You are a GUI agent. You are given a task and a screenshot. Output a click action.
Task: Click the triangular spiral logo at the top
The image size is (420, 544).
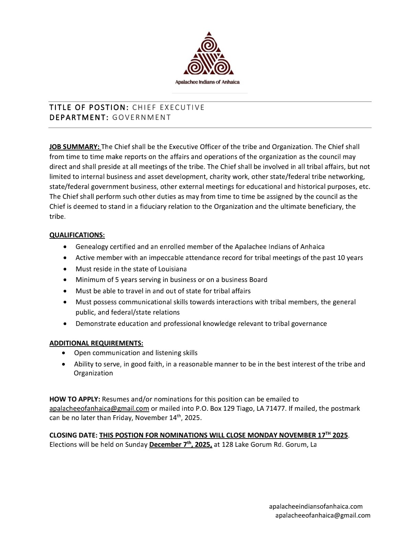pos(209,54)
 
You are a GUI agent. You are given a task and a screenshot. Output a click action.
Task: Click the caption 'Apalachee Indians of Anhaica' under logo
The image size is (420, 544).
pos(207,82)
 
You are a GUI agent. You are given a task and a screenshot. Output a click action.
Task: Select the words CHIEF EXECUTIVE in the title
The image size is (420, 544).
pos(168,107)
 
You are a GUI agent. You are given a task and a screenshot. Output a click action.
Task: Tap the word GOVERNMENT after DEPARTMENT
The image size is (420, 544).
pos(142,117)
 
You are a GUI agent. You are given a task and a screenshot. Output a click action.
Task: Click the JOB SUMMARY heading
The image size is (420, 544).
pos(74,147)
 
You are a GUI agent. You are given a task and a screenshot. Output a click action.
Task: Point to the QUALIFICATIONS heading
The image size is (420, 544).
pos(77,235)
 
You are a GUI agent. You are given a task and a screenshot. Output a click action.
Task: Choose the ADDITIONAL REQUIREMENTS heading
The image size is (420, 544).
pos(96,343)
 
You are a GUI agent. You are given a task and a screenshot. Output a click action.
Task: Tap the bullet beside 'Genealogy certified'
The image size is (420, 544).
pos(66,247)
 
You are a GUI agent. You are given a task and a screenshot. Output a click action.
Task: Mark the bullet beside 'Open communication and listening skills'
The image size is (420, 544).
pos(64,353)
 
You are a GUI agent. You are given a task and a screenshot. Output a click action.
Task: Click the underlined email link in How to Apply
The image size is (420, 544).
pos(99,409)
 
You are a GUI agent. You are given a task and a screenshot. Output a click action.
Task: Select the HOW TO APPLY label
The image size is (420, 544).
pos(75,399)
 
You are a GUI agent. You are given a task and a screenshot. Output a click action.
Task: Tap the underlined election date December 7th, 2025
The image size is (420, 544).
pos(181,445)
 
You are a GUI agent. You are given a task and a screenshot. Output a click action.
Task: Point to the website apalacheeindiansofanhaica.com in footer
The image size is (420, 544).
pos(316,507)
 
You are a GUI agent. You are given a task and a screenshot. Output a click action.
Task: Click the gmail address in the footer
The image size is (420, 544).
pos(323,515)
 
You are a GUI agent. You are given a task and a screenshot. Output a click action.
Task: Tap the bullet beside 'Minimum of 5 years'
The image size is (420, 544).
pos(66,280)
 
